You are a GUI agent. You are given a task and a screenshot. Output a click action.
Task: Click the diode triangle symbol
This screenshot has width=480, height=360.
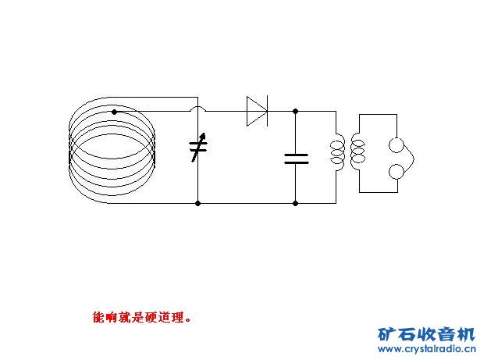[256, 111]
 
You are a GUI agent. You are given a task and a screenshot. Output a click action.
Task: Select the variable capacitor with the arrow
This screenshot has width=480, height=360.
[198, 147]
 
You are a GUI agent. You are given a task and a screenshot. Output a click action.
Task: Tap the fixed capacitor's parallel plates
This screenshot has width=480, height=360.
[296, 159]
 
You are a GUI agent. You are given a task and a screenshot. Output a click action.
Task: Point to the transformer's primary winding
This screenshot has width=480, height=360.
[338, 152]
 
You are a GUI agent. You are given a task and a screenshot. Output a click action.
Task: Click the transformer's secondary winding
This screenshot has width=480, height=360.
[357, 152]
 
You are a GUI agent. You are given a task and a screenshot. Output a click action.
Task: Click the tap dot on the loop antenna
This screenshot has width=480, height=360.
[114, 112]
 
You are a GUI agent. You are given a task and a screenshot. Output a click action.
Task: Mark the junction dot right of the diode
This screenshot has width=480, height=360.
[296, 111]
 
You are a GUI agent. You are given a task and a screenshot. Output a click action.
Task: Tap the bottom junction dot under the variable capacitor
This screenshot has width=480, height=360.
[198, 203]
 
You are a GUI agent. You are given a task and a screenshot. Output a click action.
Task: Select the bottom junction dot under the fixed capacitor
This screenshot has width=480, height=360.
[296, 203]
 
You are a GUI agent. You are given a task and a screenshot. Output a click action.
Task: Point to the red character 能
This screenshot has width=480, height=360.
[98, 318]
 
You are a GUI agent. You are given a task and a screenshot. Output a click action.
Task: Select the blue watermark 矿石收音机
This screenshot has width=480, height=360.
[425, 333]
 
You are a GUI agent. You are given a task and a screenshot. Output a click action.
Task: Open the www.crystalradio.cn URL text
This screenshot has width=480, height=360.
[425, 351]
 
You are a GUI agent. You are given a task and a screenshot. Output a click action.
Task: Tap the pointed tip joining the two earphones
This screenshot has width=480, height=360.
[412, 159]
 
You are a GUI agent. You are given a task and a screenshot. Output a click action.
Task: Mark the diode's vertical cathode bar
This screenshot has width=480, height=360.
[267, 111]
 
